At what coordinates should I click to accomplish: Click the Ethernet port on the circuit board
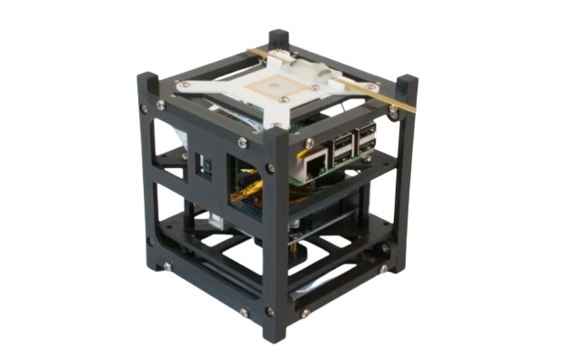[x=315, y=164]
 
